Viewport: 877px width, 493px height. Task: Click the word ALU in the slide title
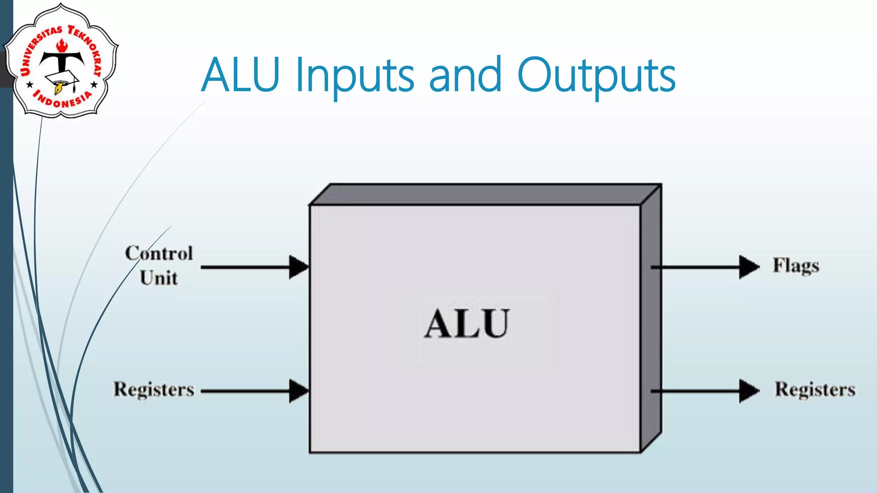(x=241, y=75)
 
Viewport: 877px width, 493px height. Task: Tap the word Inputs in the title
(x=355, y=77)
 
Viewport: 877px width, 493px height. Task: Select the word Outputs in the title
(x=596, y=77)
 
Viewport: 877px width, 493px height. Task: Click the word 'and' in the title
(x=465, y=75)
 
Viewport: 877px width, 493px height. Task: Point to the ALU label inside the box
(x=467, y=324)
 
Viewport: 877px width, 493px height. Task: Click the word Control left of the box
(x=159, y=253)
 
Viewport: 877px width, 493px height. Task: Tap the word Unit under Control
(x=158, y=278)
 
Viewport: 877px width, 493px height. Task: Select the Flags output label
(x=796, y=266)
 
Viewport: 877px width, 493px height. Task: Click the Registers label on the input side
(x=153, y=390)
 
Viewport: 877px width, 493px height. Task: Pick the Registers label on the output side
(x=814, y=390)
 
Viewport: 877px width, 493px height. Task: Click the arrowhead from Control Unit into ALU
(x=298, y=267)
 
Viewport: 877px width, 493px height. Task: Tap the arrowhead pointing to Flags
(x=749, y=267)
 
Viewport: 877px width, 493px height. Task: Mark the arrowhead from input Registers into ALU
(x=298, y=391)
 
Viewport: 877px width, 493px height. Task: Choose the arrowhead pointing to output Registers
(x=749, y=391)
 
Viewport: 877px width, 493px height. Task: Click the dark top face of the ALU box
(x=484, y=195)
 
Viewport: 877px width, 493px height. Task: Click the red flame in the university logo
(x=62, y=45)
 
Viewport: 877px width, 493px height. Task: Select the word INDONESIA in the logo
(x=63, y=101)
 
